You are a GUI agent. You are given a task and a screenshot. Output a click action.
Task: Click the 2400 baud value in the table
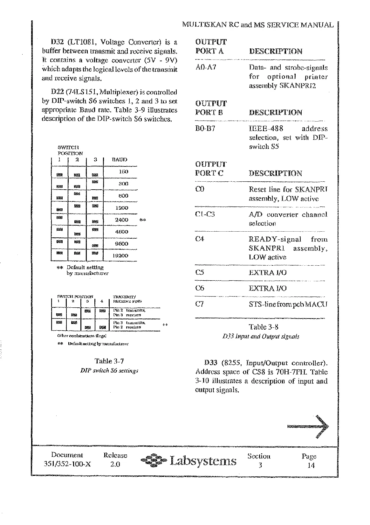pyautogui.click(x=121, y=220)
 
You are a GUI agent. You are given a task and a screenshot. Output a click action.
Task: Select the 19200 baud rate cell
pyautogui.click(x=120, y=256)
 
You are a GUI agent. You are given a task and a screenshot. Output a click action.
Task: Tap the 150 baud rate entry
pyautogui.click(x=123, y=172)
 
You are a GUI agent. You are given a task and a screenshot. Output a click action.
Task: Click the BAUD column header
pyautogui.click(x=120, y=160)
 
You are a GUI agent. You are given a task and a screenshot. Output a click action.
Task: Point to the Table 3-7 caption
pyautogui.click(x=109, y=361)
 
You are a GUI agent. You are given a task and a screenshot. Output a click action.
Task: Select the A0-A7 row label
pyautogui.click(x=206, y=67)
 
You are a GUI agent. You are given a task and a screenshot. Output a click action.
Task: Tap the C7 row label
pyautogui.click(x=200, y=304)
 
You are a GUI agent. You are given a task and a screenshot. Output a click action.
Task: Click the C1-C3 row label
pyautogui.click(x=205, y=214)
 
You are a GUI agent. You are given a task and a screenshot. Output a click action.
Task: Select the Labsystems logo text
pyautogui.click(x=203, y=461)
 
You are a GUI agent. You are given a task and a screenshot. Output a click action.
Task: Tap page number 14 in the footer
pyautogui.click(x=311, y=465)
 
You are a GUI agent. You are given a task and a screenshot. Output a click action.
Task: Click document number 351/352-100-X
pyautogui.click(x=67, y=464)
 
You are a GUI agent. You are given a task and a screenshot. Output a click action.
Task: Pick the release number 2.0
pyautogui.click(x=115, y=464)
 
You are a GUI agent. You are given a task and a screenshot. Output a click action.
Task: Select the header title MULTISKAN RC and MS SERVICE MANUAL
pyautogui.click(x=258, y=25)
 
